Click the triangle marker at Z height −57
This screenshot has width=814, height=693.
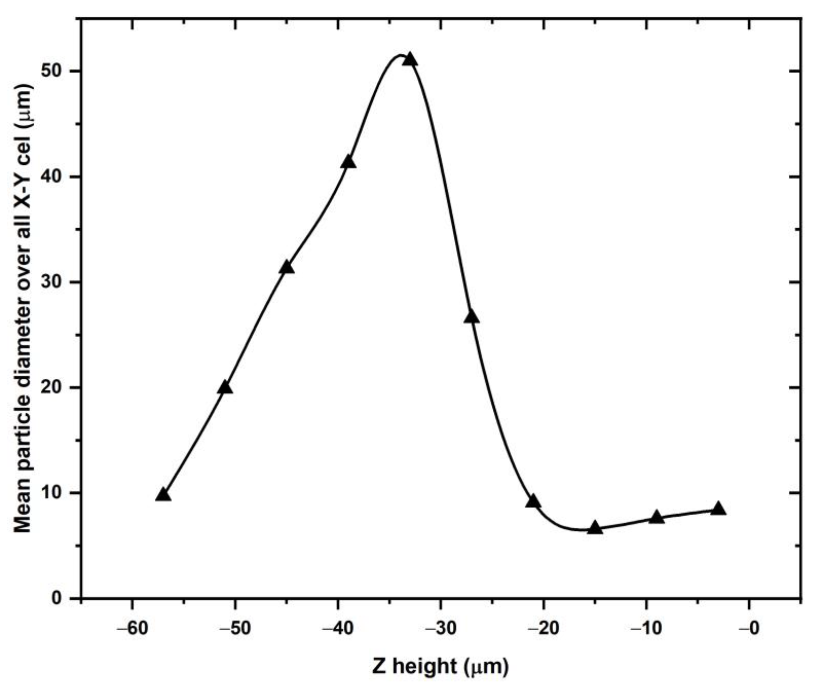point(163,495)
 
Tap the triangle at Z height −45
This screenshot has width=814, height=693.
point(287,267)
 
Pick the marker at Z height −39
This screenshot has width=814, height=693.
point(348,162)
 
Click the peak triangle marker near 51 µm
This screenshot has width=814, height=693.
point(410,60)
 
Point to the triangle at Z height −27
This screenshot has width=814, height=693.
point(471,317)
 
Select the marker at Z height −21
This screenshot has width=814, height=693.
point(533,501)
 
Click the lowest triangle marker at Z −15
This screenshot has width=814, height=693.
point(595,528)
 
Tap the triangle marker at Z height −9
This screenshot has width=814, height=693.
point(657,517)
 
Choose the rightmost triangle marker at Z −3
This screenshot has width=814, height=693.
point(718,509)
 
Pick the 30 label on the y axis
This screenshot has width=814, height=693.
point(54,282)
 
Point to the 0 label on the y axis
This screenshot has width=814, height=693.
point(59,598)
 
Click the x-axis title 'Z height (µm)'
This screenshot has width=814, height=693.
point(440,666)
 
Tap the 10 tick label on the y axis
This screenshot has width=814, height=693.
point(54,493)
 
